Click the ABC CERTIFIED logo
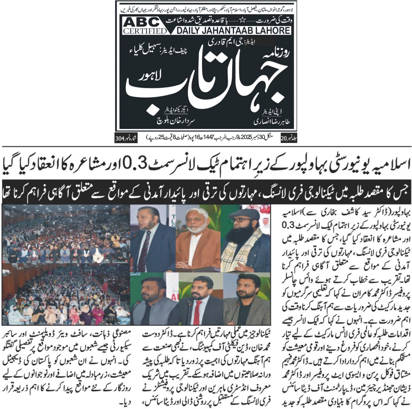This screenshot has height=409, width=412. pos(144,26)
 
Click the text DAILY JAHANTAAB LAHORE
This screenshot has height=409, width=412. pos(233,30)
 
